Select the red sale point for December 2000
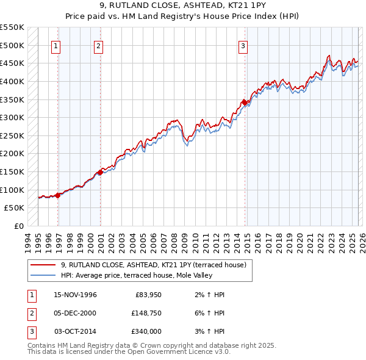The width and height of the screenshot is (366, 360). coord(101,172)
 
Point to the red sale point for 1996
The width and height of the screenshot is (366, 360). coord(58,195)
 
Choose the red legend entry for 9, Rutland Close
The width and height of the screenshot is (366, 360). coord(153,265)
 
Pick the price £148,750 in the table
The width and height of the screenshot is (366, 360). coord(146,313)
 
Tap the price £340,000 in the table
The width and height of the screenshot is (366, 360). coord(146,331)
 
